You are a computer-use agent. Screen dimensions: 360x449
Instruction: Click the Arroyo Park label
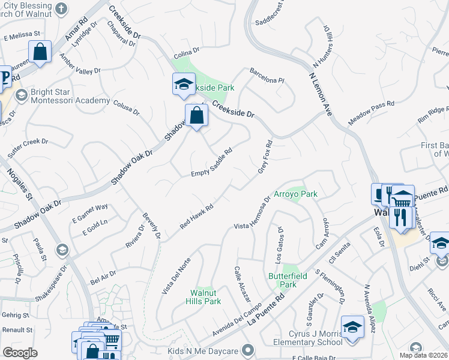[295, 194]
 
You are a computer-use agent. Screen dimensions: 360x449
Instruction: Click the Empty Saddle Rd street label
[211, 163]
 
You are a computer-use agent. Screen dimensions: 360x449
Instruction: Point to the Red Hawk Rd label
[197, 217]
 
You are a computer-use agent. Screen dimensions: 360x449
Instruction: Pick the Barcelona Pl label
[267, 78]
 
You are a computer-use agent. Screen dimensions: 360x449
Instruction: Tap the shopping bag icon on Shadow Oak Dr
[196, 115]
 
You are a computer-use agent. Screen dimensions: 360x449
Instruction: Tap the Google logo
[20, 353]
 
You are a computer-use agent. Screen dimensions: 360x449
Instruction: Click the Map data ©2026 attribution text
[423, 355]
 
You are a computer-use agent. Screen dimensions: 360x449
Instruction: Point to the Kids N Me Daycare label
[203, 350]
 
